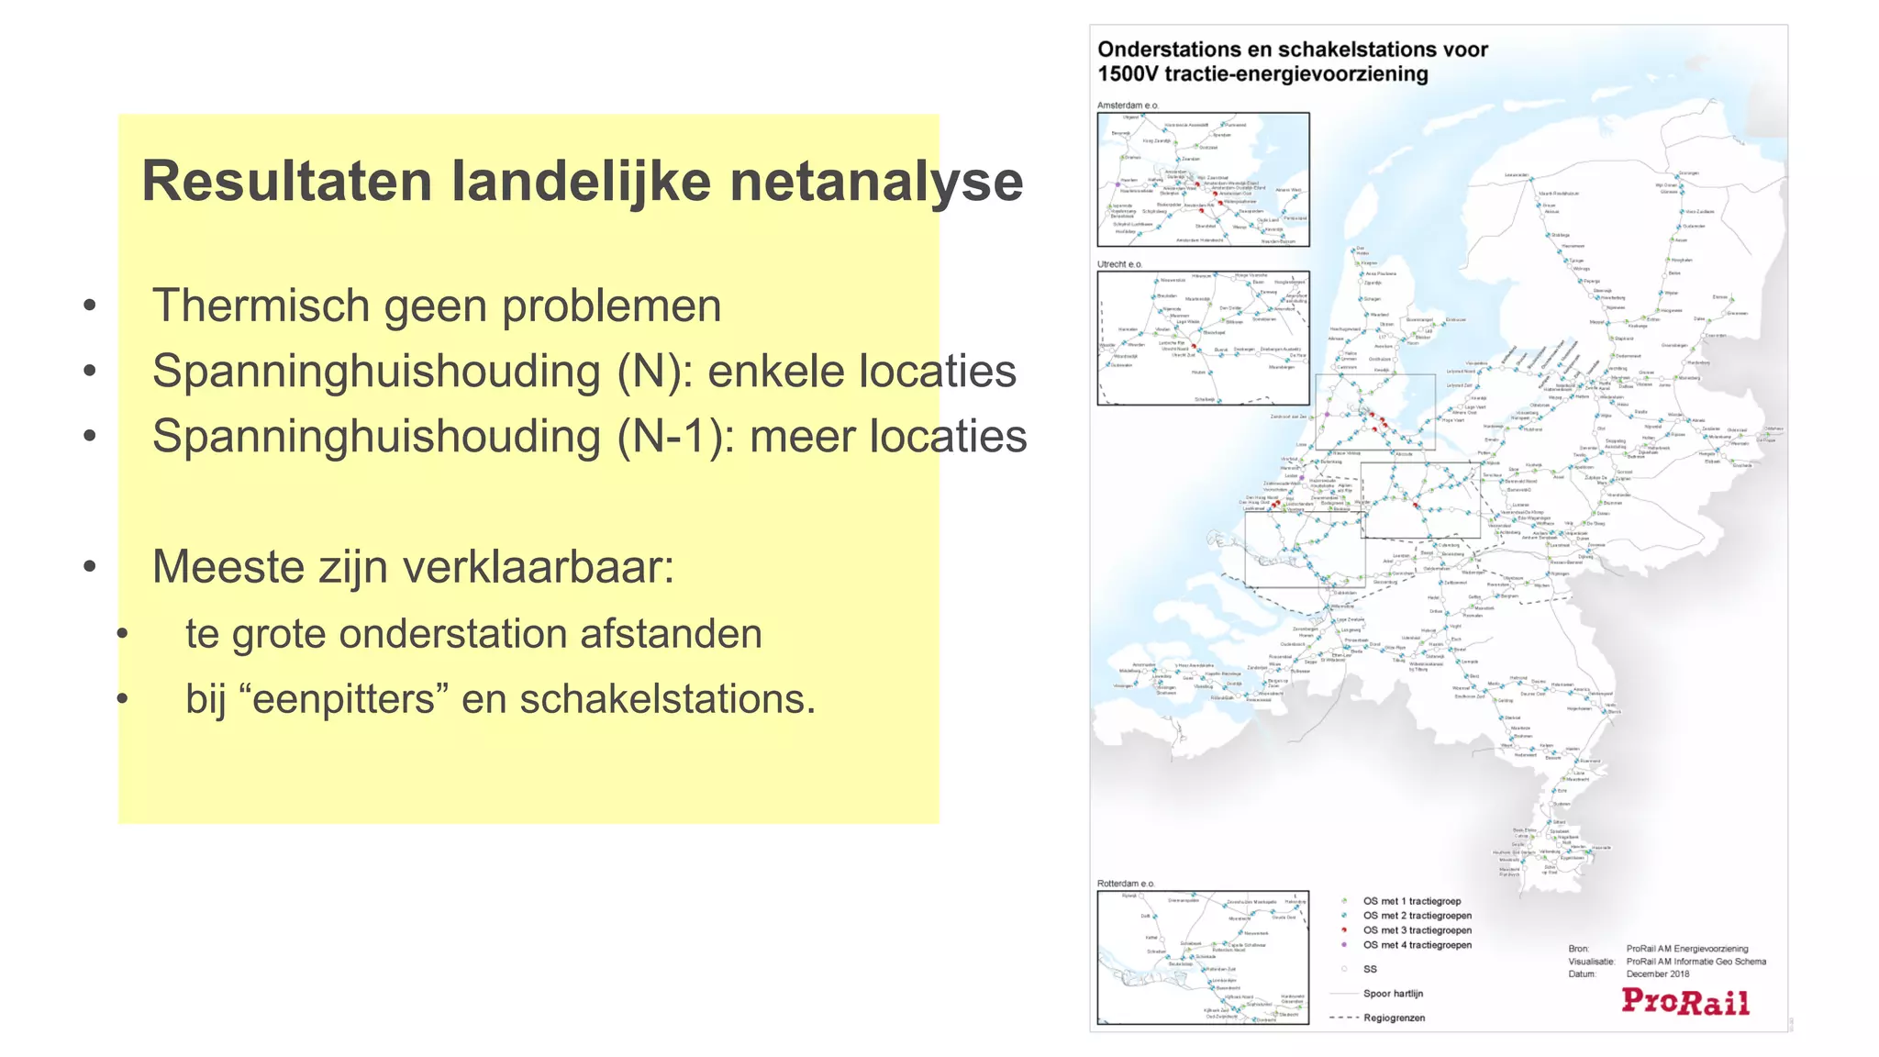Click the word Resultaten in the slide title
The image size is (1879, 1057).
click(x=286, y=181)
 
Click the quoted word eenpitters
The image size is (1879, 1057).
click(x=344, y=699)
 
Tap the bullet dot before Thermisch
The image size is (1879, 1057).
click(x=89, y=306)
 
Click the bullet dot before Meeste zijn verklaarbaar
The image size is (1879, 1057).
click(x=89, y=567)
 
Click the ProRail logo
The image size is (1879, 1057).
click(x=1684, y=1001)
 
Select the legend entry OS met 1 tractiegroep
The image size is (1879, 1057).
click(x=1411, y=901)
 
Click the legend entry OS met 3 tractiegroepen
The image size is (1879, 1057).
click(x=1417, y=930)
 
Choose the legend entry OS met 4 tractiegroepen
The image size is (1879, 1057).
click(x=1417, y=945)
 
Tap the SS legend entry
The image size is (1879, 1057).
click(x=1370, y=969)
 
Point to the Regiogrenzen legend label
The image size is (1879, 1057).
click(x=1394, y=1018)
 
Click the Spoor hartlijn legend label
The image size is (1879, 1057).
click(x=1393, y=994)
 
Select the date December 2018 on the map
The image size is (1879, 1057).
click(x=1657, y=974)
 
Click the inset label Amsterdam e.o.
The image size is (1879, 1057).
click(x=1128, y=106)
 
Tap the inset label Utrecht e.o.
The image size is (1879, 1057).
click(x=1119, y=264)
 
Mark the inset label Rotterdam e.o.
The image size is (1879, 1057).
click(x=1126, y=884)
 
